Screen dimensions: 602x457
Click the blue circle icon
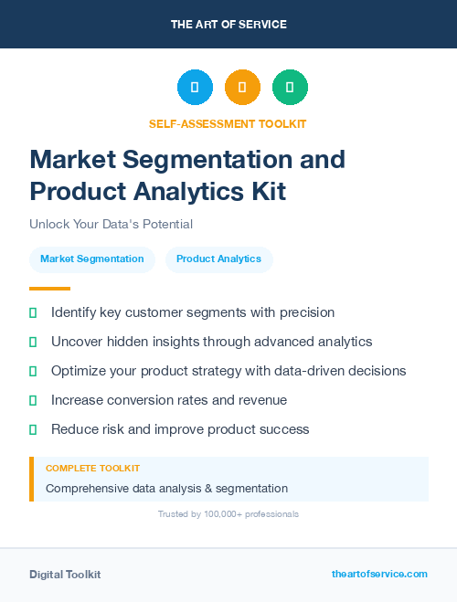[195, 88]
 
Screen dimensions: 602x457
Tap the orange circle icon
[242, 88]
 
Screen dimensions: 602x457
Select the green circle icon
[290, 88]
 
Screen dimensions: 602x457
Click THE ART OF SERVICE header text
[228, 25]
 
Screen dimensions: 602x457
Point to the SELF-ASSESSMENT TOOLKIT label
[228, 123]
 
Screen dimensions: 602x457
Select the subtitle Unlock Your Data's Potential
[111, 224]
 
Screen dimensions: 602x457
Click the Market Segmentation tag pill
[91, 259]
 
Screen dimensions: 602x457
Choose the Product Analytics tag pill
[218, 259]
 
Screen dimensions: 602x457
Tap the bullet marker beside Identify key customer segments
[33, 312]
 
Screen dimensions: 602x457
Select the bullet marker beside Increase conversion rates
[33, 400]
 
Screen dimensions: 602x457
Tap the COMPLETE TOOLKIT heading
[92, 469]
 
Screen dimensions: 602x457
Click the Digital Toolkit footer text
[65, 575]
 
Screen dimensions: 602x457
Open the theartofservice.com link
[379, 574]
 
